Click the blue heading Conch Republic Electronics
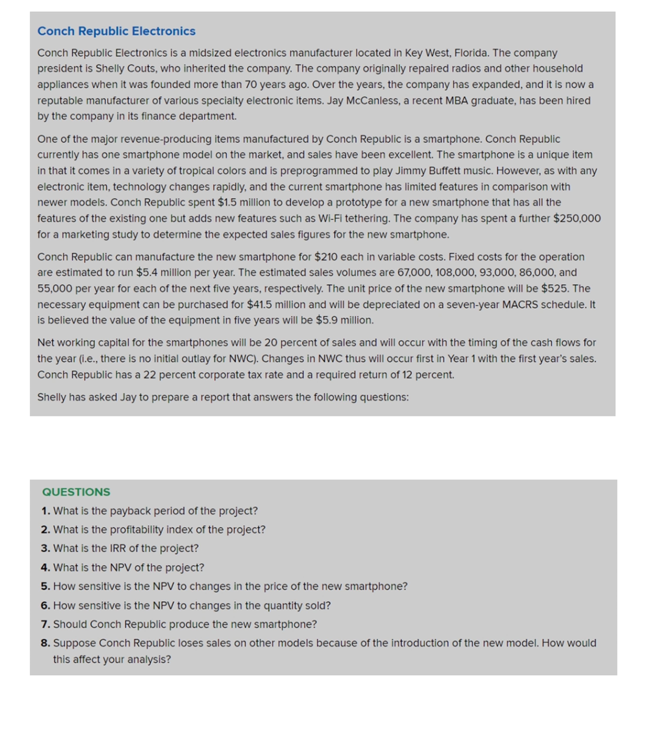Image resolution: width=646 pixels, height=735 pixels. click(116, 31)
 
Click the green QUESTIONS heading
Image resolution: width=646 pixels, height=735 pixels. click(76, 492)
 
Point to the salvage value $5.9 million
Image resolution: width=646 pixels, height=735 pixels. click(344, 320)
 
